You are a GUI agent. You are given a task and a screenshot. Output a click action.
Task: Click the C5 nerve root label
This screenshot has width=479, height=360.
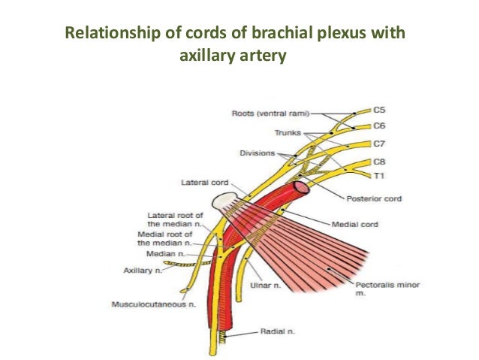[380, 110]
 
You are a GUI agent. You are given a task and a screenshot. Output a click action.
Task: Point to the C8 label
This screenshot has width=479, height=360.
[380, 161]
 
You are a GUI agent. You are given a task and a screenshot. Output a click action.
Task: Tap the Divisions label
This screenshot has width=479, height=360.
[258, 153]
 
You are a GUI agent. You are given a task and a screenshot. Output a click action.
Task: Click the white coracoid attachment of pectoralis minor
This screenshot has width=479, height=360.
[223, 201]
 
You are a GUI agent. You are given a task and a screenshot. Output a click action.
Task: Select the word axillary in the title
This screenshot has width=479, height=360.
[207, 56]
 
